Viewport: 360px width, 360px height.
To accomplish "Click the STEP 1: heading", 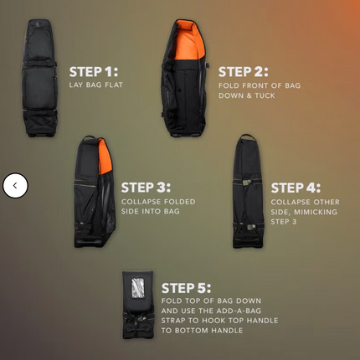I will click(x=93, y=71).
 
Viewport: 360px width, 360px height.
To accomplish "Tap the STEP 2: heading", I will click(x=243, y=72).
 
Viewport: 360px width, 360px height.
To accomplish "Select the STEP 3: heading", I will click(x=146, y=187).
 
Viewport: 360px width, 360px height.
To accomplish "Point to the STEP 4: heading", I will click(x=296, y=188).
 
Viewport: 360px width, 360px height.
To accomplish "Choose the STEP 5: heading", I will click(x=186, y=287).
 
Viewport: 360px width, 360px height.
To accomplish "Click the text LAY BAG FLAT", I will click(x=96, y=85).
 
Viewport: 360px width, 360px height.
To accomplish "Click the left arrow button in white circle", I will click(x=15, y=185).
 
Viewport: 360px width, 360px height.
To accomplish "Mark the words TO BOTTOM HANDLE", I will click(x=202, y=330).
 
